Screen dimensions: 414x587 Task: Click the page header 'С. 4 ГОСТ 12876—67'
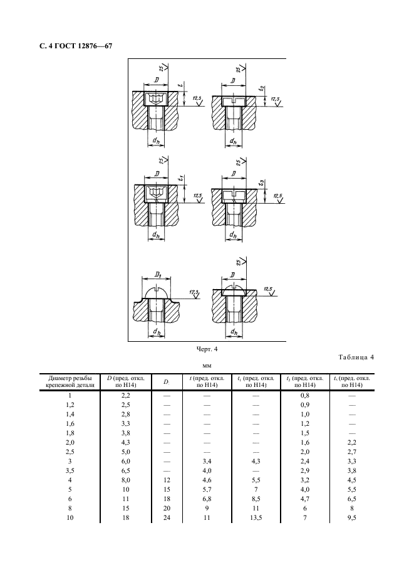[x=76, y=46]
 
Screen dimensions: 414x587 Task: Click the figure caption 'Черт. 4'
[x=207, y=349]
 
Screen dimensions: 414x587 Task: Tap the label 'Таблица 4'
[x=356, y=357]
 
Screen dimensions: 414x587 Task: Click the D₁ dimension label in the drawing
[x=157, y=274]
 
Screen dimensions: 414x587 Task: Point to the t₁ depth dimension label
[x=180, y=177]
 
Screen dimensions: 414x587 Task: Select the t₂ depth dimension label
[x=262, y=88]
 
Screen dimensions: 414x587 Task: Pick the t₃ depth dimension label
[x=262, y=182]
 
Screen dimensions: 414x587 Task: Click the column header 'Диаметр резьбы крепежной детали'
[x=70, y=381]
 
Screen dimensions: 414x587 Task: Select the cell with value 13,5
[x=256, y=518]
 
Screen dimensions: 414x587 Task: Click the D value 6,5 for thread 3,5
[x=126, y=470]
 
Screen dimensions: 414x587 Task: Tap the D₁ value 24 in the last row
[x=167, y=518]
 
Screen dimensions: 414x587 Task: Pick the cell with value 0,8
[x=305, y=395]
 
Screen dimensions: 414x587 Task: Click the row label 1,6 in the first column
[x=70, y=424]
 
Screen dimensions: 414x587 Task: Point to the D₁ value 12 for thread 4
[x=167, y=480]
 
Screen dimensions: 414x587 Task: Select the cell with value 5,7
[x=207, y=489]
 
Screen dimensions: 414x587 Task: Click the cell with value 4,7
[x=305, y=499]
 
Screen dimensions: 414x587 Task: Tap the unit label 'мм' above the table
[x=207, y=366]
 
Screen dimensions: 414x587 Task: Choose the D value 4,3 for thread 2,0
[x=126, y=443]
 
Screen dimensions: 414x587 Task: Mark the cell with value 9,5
[x=351, y=518]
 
